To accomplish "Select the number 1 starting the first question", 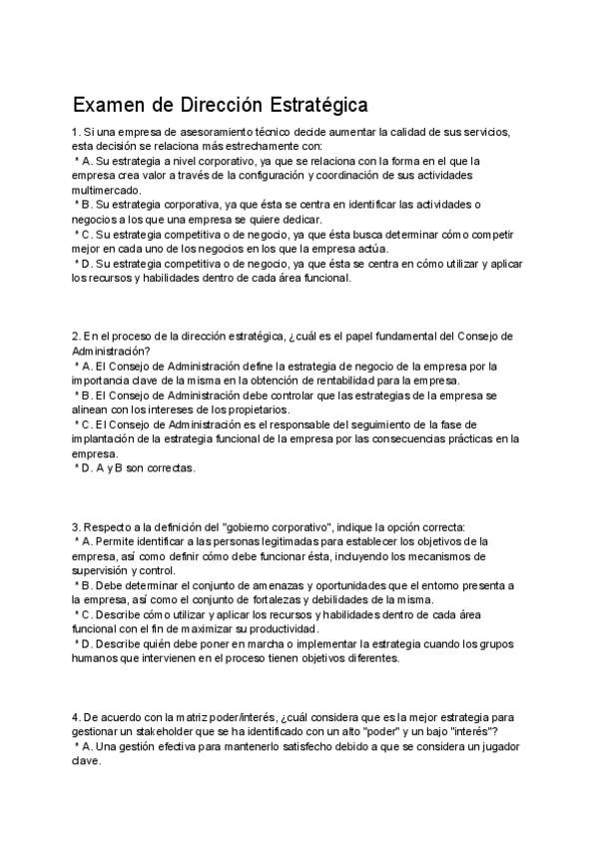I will click(75, 132).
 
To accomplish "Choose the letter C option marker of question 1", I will click(85, 234).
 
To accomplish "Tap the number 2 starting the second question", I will click(76, 336).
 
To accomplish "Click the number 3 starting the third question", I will click(76, 526).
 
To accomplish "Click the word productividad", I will click(281, 629).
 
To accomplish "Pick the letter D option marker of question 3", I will click(85, 644).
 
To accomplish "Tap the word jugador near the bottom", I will click(493, 746).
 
